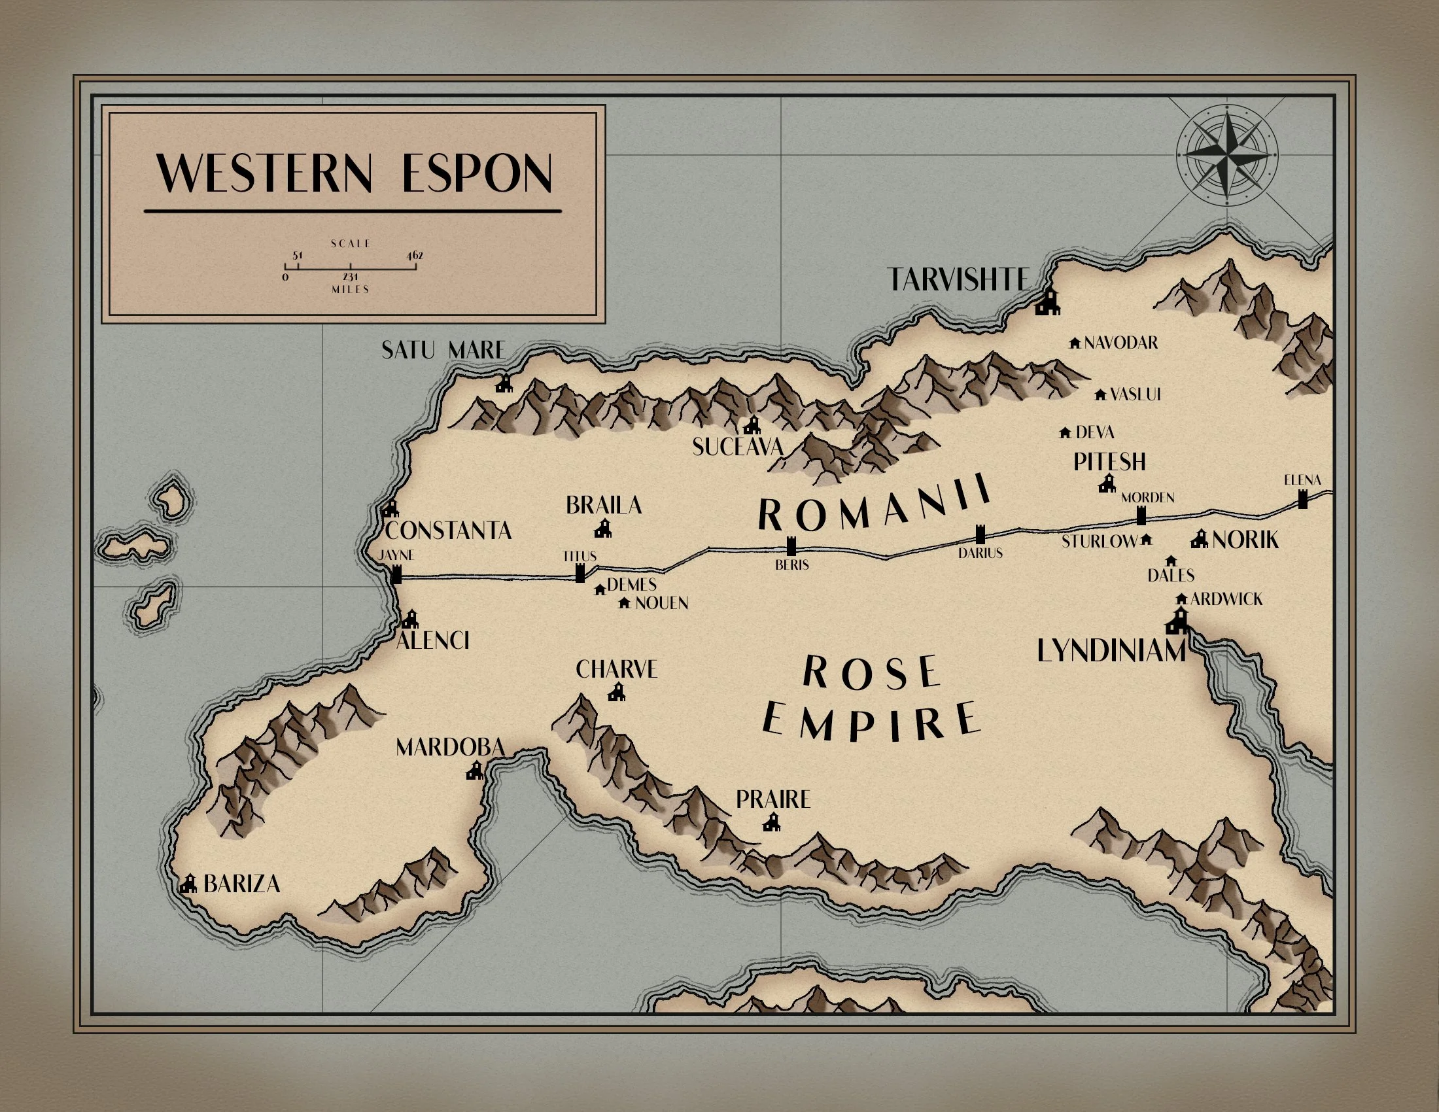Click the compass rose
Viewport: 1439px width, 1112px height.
point(1227,156)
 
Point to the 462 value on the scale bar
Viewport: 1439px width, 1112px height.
point(415,256)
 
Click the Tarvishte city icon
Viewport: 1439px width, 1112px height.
point(1048,302)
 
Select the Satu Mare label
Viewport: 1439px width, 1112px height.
point(443,350)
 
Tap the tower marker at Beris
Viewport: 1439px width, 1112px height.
point(791,546)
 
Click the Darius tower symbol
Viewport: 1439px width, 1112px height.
point(980,534)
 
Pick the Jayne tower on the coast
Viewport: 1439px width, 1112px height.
point(396,574)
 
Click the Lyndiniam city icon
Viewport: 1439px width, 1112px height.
point(1177,621)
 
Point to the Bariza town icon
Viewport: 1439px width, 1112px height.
point(189,884)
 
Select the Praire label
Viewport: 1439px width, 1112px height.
point(772,800)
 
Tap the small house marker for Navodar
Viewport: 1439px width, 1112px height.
point(1075,343)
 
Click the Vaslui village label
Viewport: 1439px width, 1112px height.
point(1135,394)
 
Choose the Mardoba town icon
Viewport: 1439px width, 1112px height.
point(475,770)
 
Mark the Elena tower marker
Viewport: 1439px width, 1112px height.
point(1302,498)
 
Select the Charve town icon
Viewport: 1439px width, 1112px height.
point(617,692)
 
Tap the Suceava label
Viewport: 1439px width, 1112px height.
point(737,447)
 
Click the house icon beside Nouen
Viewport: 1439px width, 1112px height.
point(625,603)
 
